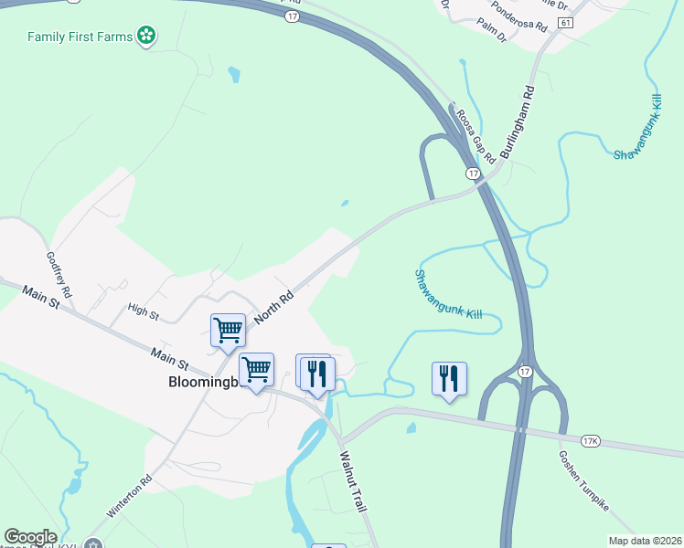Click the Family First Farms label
[x=80, y=37]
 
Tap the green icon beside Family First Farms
[x=145, y=37]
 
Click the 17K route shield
[x=591, y=442]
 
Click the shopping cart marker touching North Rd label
[x=228, y=331]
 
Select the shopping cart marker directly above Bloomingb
[x=256, y=370]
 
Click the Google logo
[x=30, y=537]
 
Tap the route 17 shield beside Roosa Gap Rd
[x=472, y=174]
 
